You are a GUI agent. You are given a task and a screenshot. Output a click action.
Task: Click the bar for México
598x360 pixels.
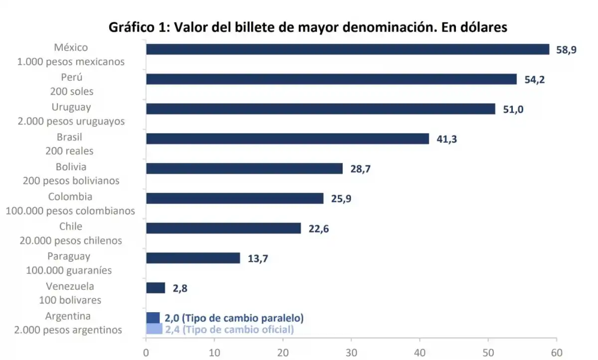[347, 49]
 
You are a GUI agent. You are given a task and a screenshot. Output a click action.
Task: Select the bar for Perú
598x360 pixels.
[331, 79]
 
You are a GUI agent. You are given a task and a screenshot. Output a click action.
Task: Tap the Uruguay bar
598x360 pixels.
[320, 109]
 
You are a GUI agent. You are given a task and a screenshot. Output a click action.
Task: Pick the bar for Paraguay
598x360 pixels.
[193, 258]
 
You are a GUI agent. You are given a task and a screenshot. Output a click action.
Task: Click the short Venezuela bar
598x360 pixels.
[155, 288]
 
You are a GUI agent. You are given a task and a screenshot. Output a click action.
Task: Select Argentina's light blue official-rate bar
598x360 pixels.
[154, 329]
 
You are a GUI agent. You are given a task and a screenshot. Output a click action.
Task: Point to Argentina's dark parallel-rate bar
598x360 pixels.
[153, 318]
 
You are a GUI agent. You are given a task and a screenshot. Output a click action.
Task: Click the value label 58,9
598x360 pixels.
[566, 50]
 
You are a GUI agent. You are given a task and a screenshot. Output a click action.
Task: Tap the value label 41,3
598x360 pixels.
[447, 139]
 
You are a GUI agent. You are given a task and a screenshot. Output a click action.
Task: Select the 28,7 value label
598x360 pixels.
[360, 169]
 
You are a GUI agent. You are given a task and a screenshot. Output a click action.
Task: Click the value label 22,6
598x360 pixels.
[318, 229]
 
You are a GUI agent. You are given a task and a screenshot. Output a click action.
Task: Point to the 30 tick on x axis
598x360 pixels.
[351, 352]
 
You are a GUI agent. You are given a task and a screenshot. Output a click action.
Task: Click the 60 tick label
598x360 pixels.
[557, 352]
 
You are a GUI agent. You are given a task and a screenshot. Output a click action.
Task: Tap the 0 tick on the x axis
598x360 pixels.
[146, 352]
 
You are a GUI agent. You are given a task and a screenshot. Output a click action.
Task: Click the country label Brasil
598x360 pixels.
[70, 137]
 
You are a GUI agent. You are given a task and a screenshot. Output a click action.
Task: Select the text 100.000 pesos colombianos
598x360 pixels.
[70, 211]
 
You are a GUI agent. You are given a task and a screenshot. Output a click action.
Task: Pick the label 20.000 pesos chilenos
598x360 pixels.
[71, 240]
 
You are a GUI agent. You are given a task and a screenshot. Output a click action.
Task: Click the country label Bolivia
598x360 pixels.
[71, 167]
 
